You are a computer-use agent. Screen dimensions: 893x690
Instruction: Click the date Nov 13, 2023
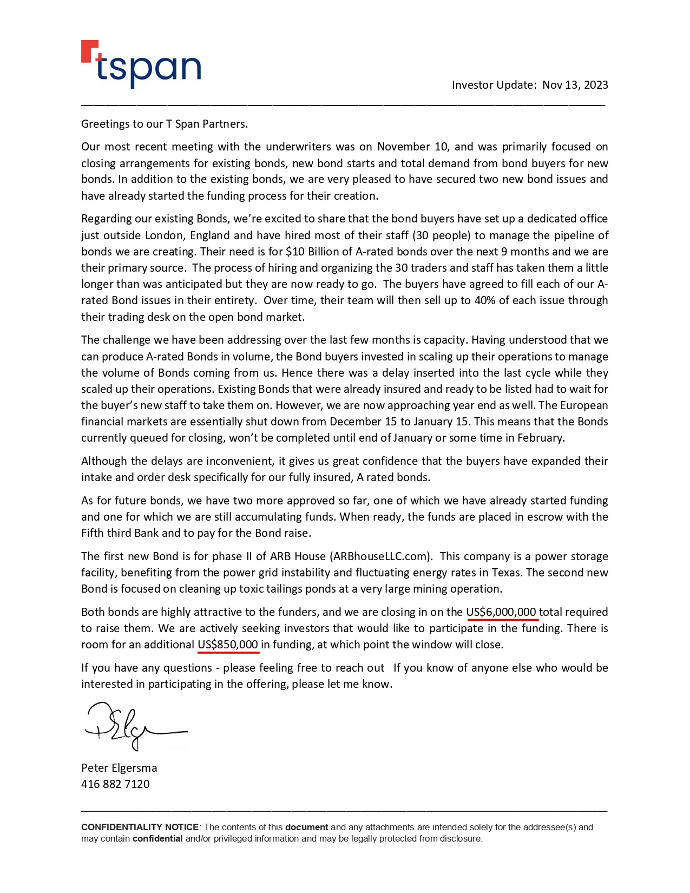tap(575, 85)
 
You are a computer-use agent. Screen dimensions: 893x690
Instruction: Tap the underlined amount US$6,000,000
tap(501, 612)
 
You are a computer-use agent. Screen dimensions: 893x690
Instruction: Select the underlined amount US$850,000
tap(228, 645)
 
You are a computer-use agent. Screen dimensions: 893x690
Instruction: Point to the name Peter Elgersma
tap(119, 768)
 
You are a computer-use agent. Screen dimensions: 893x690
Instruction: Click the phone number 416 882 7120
tap(115, 784)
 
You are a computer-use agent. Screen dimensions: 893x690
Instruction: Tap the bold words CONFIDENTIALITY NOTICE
tap(140, 827)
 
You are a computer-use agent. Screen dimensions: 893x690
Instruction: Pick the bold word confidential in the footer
tap(157, 839)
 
